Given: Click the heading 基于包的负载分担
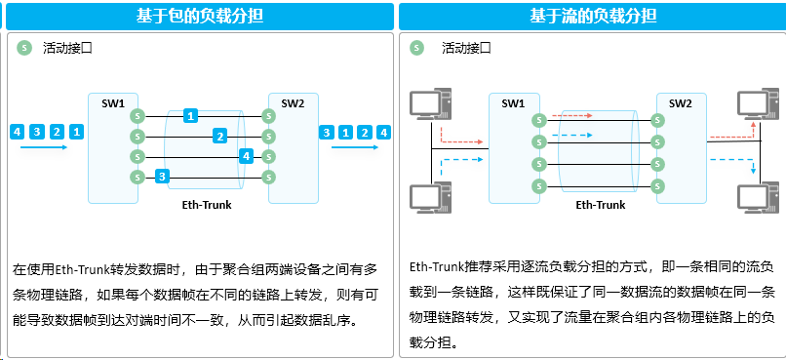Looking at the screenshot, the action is click(200, 16).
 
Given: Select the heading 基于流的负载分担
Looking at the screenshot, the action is click(593, 16).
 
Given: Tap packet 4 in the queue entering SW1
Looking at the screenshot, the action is click(17, 132).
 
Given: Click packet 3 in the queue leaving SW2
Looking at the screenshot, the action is click(327, 133).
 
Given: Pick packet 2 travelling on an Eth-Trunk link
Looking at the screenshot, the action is click(219, 136).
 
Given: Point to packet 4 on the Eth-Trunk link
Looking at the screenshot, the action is click(246, 156).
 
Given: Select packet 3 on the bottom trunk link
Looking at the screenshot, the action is click(162, 177).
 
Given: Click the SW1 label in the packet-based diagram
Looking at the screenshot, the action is click(113, 103).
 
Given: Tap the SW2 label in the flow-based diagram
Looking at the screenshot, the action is click(681, 103).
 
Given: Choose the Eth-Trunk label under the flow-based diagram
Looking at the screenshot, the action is click(601, 205).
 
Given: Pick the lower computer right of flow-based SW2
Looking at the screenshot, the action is click(758, 197).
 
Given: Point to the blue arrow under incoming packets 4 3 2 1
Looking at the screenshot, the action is click(44, 147).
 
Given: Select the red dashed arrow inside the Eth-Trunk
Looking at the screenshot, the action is click(572, 116).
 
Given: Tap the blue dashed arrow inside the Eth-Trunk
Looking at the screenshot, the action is click(572, 135).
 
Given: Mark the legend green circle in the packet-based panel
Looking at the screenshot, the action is click(24, 48).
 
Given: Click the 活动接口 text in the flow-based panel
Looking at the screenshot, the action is click(466, 48).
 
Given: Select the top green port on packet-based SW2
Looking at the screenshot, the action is click(269, 116).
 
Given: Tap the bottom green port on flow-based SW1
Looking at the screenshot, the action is click(539, 186).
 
